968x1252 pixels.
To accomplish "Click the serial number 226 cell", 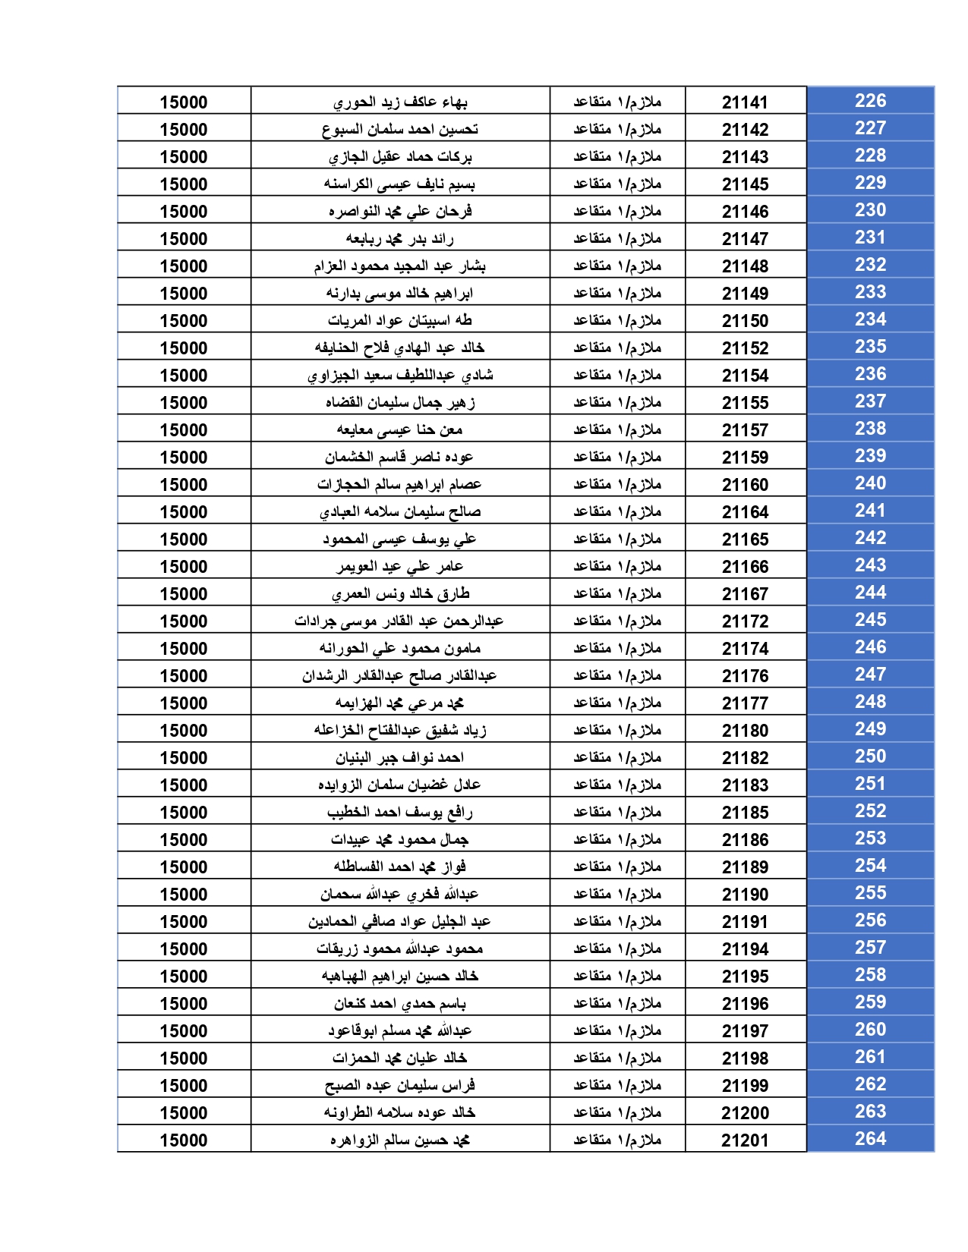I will (870, 101).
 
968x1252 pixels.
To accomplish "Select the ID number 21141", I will (745, 102).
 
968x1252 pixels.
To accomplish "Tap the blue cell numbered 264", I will (870, 1139).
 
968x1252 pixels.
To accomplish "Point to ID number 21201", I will (745, 1140).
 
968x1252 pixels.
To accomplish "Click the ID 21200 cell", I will (745, 1113).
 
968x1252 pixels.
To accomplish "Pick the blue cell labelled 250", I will (870, 757).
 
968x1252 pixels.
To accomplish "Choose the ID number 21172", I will (745, 621).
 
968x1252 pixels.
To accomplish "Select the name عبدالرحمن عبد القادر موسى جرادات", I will (399, 621).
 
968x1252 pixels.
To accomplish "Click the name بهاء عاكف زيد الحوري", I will (399, 102).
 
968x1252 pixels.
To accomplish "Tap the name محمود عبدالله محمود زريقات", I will (399, 949).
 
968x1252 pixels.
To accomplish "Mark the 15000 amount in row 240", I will (184, 485).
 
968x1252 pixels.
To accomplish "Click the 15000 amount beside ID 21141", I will (184, 102).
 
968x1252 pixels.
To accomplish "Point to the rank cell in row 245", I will (617, 621).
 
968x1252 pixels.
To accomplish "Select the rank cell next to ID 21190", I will (617, 895).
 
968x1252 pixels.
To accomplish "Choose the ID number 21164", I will (745, 512).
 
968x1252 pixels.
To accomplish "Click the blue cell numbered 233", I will (870, 292).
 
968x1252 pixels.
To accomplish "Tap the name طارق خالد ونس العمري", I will (399, 594).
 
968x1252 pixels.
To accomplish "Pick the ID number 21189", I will (745, 867).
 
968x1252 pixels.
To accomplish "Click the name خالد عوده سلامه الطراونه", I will (399, 1113).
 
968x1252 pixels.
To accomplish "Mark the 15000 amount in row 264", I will (184, 1140).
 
